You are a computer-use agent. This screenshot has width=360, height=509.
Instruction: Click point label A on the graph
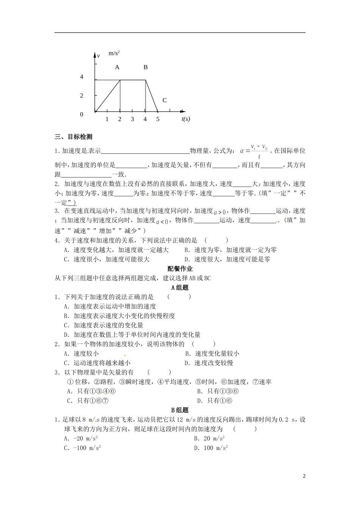pos(117,67)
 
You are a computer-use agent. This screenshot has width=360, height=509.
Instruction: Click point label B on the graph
pos(146,67)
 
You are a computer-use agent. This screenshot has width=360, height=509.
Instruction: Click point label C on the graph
pos(164,100)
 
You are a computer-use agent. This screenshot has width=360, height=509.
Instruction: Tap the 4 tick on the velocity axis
pos(81,77)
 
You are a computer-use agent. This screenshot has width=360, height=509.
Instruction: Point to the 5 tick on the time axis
pos(158,119)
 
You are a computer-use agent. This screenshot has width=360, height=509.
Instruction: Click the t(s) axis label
pos(186,119)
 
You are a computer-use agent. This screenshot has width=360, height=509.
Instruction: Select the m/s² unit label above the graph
pos(114,53)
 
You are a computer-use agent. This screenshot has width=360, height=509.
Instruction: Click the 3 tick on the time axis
pos(132,119)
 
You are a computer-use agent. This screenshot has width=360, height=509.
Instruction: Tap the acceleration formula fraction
pos(259,151)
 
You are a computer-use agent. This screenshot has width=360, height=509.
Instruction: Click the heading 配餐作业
pos(180,269)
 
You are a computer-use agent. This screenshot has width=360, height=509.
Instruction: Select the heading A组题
pos(180,287)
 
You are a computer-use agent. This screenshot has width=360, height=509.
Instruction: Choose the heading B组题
pos(180,410)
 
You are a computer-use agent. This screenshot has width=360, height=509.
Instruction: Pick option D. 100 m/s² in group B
pos(211,448)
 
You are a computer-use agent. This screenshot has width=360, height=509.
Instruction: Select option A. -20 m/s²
pos(81,438)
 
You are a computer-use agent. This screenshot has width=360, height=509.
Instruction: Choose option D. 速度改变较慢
pos(208,363)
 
